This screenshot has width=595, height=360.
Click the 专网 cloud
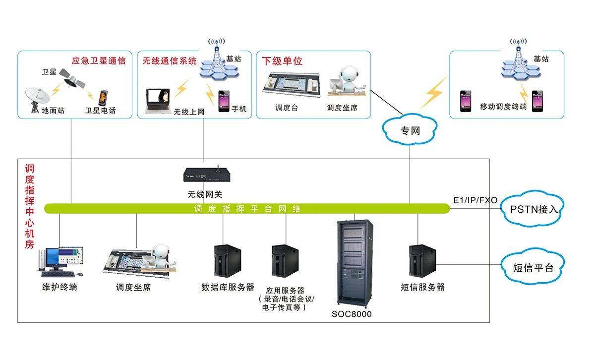coord(410,131)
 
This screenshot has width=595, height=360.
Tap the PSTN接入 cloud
coord(534,209)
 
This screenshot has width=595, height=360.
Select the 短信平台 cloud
coord(533,268)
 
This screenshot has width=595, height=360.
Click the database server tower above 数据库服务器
coord(227,261)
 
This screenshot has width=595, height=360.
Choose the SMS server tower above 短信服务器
coord(421,261)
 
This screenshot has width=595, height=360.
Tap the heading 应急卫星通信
coord(99,61)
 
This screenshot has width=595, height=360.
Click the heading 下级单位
coord(282,61)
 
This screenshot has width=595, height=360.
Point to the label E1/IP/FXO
coord(475,200)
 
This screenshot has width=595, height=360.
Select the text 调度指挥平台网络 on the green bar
coord(247,209)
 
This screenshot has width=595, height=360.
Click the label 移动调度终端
coord(503,106)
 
